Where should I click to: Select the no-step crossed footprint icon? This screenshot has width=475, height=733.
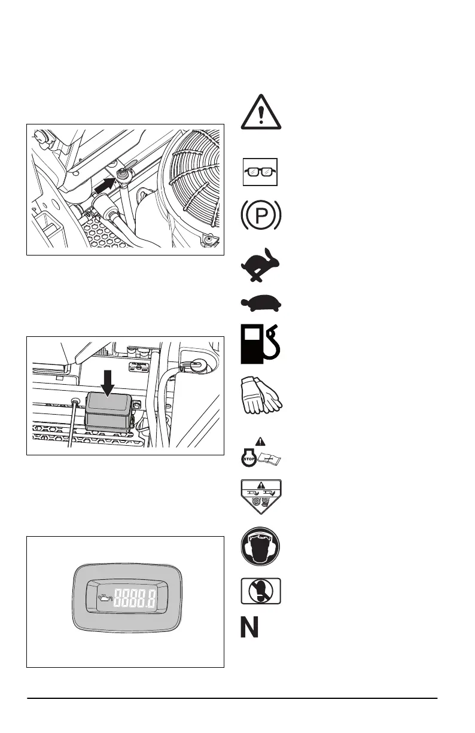[261, 592]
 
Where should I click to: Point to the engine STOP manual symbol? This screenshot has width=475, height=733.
[261, 458]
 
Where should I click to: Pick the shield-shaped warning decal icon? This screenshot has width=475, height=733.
[261, 497]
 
